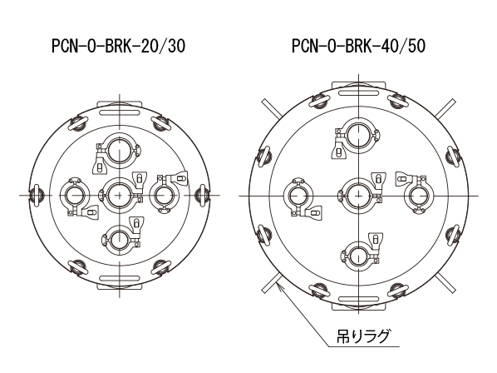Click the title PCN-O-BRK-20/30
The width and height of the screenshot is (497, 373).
coord(119,47)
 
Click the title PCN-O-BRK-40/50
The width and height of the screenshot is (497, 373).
coord(358,47)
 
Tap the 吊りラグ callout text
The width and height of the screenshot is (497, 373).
coord(363,336)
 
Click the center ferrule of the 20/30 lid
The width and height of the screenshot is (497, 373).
coord(120,195)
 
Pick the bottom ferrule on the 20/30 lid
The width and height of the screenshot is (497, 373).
coord(120,239)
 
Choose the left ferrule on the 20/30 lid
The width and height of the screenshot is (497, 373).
coord(75,195)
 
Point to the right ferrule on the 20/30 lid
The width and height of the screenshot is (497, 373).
coord(164,195)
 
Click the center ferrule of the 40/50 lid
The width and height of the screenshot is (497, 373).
coord(358,196)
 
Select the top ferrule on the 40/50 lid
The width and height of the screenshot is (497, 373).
coord(358,136)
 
